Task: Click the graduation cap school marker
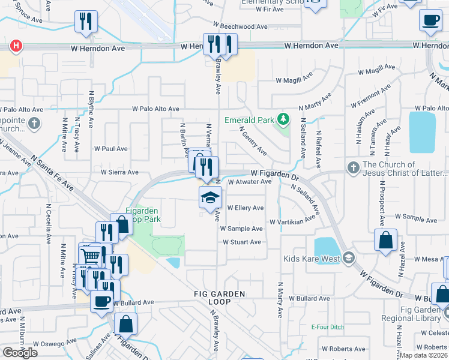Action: [x=210, y=197]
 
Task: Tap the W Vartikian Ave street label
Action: [x=292, y=221]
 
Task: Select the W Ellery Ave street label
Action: [x=246, y=208]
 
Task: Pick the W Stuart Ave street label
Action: [x=242, y=242]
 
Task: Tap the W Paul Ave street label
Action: [x=111, y=149]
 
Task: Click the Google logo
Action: [x=20, y=353]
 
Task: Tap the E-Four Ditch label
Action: [x=325, y=327]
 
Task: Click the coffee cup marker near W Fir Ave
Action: [x=430, y=20]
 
